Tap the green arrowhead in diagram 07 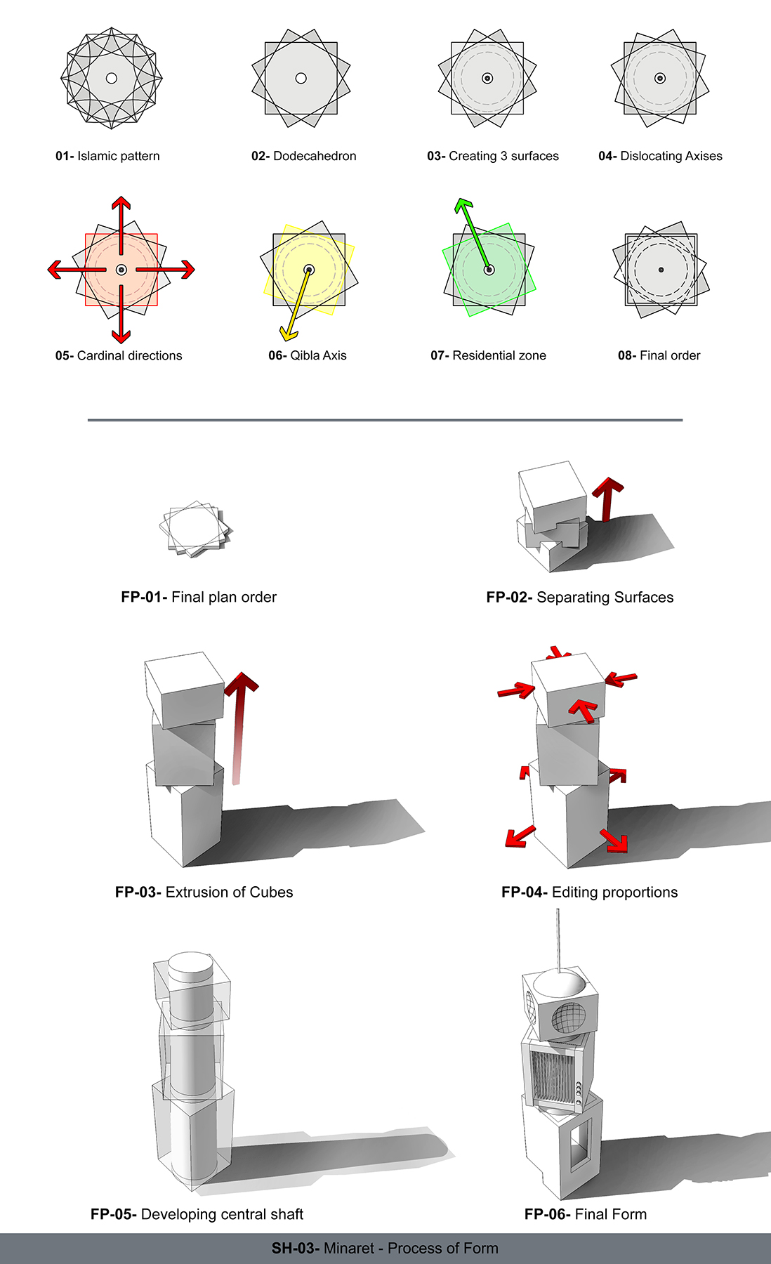[x=463, y=206]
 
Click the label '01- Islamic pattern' [x=107, y=156]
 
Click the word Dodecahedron [x=315, y=156]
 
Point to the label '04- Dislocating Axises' [x=660, y=156]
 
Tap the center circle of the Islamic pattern [x=111, y=78]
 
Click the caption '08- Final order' [x=659, y=355]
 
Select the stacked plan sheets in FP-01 [x=195, y=529]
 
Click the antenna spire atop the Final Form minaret [x=558, y=937]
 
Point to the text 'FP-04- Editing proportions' [x=589, y=892]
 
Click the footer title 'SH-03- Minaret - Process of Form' [x=385, y=1248]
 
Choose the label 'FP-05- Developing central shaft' [x=197, y=1214]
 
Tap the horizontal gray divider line [x=385, y=420]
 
